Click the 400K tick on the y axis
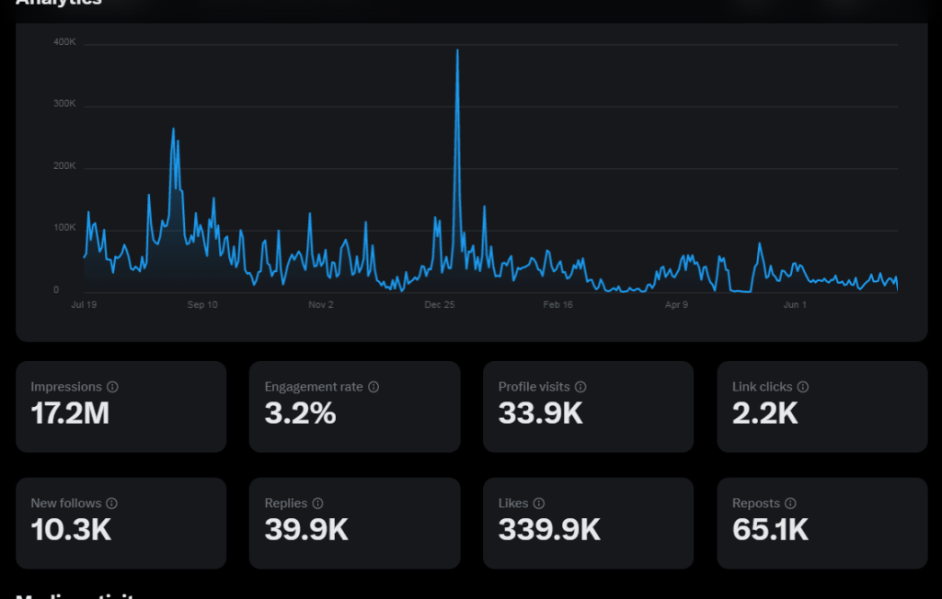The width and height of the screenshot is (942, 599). point(64,42)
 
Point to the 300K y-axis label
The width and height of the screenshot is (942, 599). point(64,104)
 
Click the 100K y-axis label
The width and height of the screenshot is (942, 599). point(64,228)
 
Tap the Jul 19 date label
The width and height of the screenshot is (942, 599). point(84,305)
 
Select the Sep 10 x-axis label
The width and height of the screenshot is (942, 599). point(202,305)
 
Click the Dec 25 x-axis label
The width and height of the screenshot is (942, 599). point(440,305)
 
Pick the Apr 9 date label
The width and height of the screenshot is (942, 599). point(676,305)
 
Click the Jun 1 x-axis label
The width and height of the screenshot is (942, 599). point(795,305)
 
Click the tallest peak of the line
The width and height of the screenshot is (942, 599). point(457,51)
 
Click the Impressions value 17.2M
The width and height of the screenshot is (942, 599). point(70,414)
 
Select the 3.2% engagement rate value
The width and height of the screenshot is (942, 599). point(300,414)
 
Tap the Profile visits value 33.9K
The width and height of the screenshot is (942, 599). point(541,414)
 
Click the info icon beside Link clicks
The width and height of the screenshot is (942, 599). point(802,388)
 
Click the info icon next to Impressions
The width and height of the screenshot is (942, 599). point(112,388)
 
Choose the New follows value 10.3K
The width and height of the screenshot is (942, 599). point(71,530)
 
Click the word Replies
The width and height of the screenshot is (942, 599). point(285,503)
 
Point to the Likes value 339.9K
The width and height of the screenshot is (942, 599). point(549,530)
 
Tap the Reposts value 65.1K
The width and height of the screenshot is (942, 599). point(770,530)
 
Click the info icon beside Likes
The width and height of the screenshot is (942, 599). point(539,503)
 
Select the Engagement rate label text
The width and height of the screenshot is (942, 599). point(314,388)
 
